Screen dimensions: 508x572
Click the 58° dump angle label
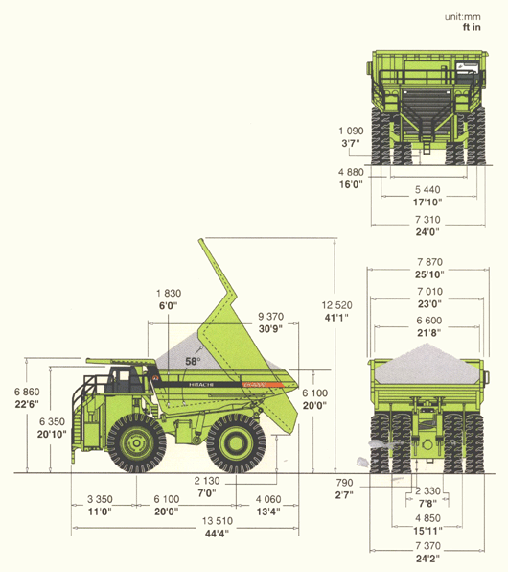click(193, 362)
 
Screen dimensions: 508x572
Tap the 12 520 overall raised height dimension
click(336, 305)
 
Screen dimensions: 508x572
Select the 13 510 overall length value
click(218, 521)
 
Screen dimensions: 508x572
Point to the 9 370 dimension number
click(270, 317)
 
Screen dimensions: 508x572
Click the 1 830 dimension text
click(169, 293)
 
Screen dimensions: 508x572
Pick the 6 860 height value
click(27, 392)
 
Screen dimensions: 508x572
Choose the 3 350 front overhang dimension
click(100, 499)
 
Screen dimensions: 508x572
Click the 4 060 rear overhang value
click(268, 499)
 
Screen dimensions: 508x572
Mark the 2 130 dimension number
click(207, 481)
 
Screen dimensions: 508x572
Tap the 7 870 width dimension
click(429, 262)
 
